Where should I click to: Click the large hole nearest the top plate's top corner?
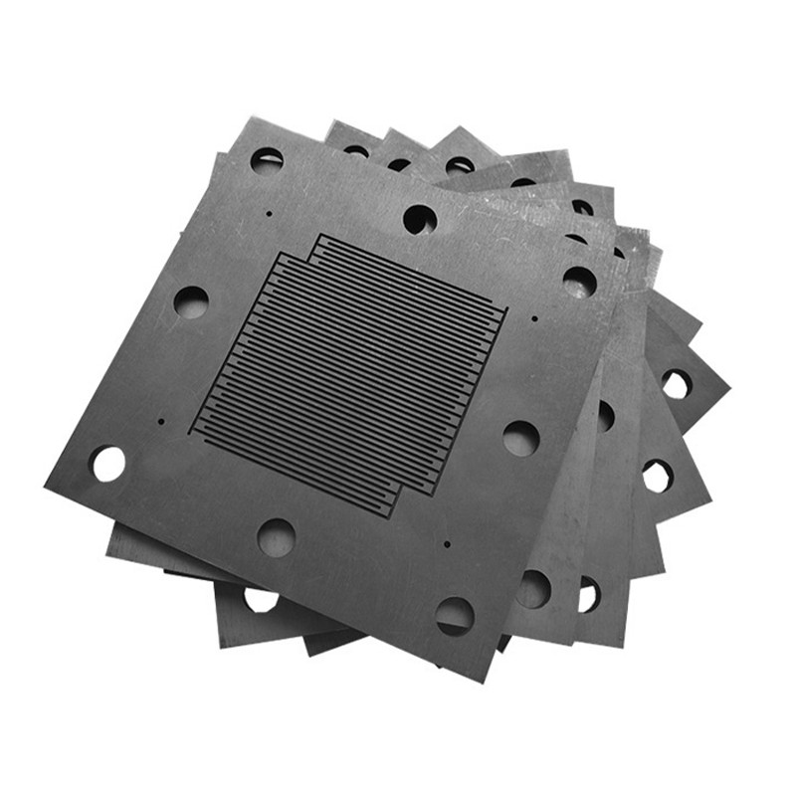(x=267, y=159)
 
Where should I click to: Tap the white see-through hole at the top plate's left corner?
(x=107, y=464)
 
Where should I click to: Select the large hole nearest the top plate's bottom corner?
(x=455, y=616)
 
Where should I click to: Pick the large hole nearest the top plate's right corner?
(x=579, y=282)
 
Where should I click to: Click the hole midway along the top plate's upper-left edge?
(x=191, y=301)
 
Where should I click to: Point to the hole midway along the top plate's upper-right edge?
(x=420, y=219)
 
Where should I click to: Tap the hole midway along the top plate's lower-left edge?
(x=276, y=537)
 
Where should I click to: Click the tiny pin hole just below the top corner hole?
(x=270, y=212)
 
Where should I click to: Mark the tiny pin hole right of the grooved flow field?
(x=534, y=319)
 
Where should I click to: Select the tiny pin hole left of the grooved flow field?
(x=160, y=421)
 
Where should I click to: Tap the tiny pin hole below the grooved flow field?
(x=447, y=545)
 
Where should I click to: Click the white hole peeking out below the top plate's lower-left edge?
(x=261, y=600)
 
